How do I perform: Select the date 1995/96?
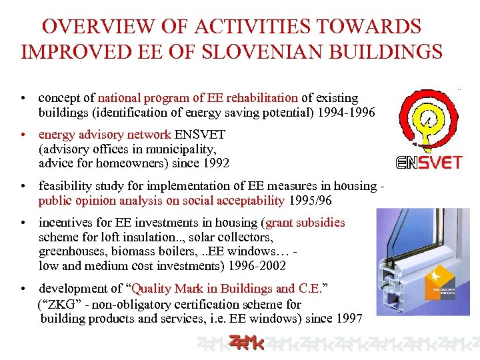(x=311, y=200)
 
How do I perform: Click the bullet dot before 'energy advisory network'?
(x=23, y=135)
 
